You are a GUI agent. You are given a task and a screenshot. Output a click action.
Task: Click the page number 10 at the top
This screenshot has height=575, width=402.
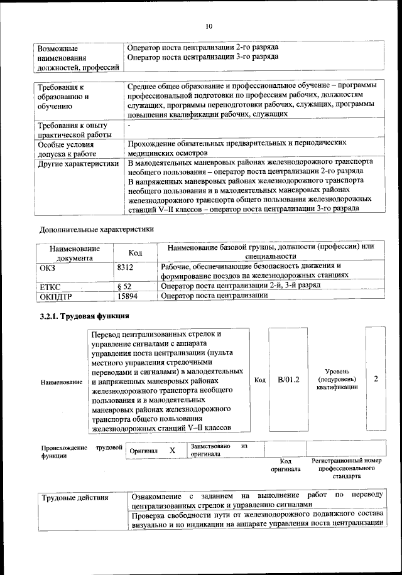coord(209,26)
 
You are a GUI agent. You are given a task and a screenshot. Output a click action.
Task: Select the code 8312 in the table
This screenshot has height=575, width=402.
coord(126,267)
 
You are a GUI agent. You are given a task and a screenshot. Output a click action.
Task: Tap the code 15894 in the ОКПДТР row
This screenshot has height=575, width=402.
coord(128,295)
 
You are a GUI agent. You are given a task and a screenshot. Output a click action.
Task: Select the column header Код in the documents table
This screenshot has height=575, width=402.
coord(135,252)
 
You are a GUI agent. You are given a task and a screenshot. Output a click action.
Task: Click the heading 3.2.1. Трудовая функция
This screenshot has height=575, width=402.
coord(84,316)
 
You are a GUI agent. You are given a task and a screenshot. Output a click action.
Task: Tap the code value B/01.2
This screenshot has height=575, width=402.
coord(288,380)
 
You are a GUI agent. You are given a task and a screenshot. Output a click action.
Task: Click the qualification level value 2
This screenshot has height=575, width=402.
coord(376,379)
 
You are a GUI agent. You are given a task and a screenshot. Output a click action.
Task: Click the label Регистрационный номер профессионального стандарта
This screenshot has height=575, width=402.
coord(346,468)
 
